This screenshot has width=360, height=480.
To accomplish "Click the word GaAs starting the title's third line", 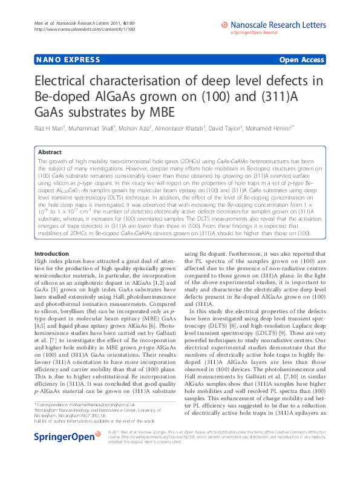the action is (x=51, y=112).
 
